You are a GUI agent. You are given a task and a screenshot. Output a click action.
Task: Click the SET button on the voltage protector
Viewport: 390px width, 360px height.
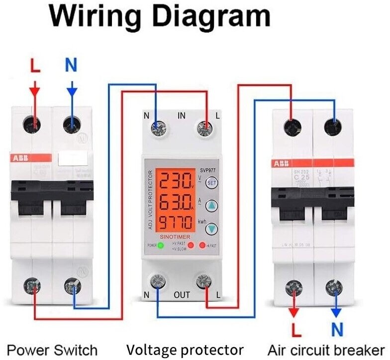(x=212, y=182)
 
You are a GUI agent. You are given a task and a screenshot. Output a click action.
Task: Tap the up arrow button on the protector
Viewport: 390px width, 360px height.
(x=212, y=205)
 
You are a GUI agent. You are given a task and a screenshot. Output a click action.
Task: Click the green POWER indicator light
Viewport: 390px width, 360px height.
(x=160, y=245)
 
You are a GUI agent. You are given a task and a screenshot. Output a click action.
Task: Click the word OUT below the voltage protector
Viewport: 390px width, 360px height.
(x=182, y=295)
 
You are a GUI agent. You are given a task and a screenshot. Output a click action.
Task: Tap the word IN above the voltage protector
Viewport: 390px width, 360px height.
(x=182, y=116)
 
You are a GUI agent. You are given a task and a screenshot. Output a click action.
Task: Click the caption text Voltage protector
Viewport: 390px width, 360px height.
(x=185, y=349)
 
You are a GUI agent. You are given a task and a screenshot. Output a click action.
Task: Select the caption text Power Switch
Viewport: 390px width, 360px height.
(x=52, y=349)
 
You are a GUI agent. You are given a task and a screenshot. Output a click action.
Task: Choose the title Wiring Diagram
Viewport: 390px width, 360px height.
(x=159, y=17)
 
